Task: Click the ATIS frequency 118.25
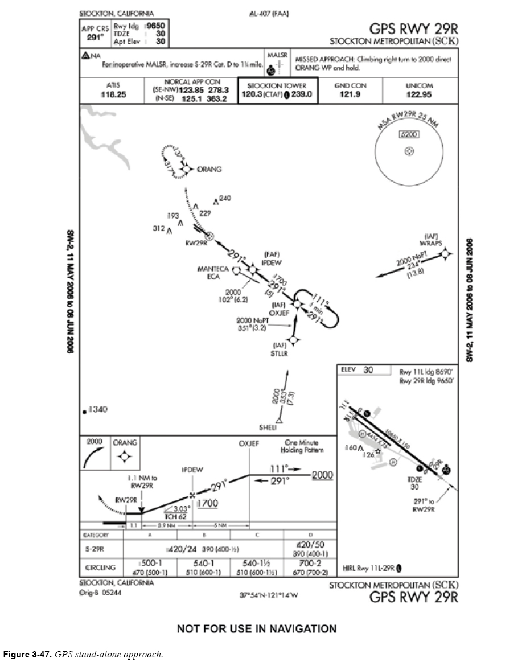pyautogui.click(x=114, y=94)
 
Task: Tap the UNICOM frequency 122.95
pyautogui.click(x=419, y=94)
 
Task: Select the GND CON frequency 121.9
pyautogui.click(x=350, y=94)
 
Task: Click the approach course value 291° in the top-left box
pyautogui.click(x=96, y=38)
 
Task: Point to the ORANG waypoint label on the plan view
pyautogui.click(x=209, y=169)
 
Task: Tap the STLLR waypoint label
pyautogui.click(x=280, y=353)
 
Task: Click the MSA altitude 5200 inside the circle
pyautogui.click(x=409, y=135)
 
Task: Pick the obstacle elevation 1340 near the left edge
pyautogui.click(x=97, y=410)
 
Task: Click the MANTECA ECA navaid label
pyautogui.click(x=213, y=273)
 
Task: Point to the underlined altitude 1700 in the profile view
pyautogui.click(x=207, y=503)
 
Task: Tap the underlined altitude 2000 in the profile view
pyautogui.click(x=323, y=475)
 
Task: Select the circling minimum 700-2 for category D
pyautogui.click(x=310, y=563)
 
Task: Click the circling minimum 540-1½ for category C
pyautogui.click(x=256, y=563)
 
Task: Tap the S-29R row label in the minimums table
pyautogui.click(x=95, y=549)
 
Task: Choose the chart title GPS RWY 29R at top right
pyautogui.click(x=413, y=29)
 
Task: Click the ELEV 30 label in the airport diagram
pyautogui.click(x=358, y=370)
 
